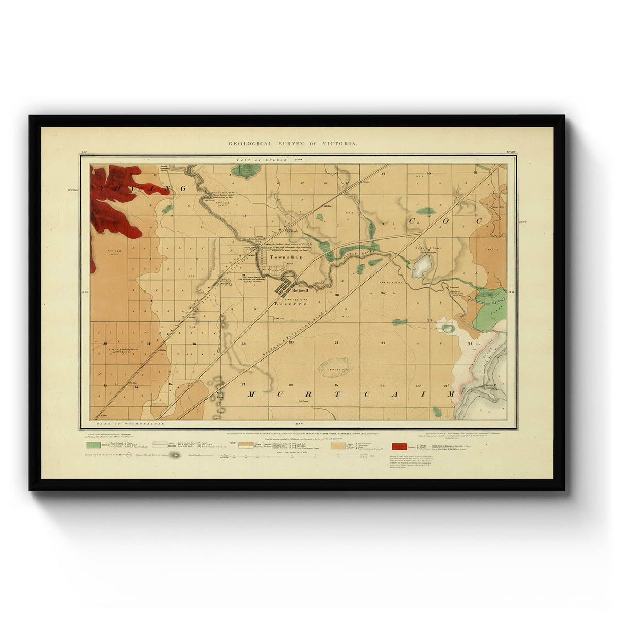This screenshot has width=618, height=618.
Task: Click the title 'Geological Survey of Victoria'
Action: pos(293,143)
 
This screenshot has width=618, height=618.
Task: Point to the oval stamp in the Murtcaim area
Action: pos(334,368)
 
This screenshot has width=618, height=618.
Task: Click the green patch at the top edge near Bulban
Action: pos(246,170)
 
